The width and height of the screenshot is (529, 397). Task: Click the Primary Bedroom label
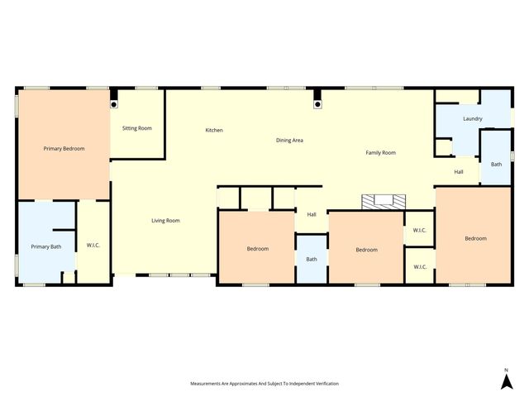(64, 149)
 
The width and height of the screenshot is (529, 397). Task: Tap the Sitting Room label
(137, 128)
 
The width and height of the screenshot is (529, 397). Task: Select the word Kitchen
(214, 131)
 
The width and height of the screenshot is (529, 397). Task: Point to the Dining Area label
(289, 141)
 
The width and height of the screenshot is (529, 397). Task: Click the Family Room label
(381, 153)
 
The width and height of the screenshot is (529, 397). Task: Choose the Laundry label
(473, 119)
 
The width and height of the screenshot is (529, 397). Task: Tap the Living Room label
(165, 221)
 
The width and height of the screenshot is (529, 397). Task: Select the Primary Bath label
(45, 246)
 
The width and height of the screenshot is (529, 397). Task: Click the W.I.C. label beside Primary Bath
(93, 246)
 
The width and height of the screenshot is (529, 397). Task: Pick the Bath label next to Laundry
(496, 165)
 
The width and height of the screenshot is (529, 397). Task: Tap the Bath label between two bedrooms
(312, 260)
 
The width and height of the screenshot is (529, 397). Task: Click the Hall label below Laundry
(459, 172)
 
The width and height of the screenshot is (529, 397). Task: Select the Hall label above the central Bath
(312, 215)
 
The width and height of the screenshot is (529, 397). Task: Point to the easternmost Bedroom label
(475, 239)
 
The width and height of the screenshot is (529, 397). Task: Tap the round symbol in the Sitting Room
(114, 105)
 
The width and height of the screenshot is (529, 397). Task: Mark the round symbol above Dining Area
(317, 105)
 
